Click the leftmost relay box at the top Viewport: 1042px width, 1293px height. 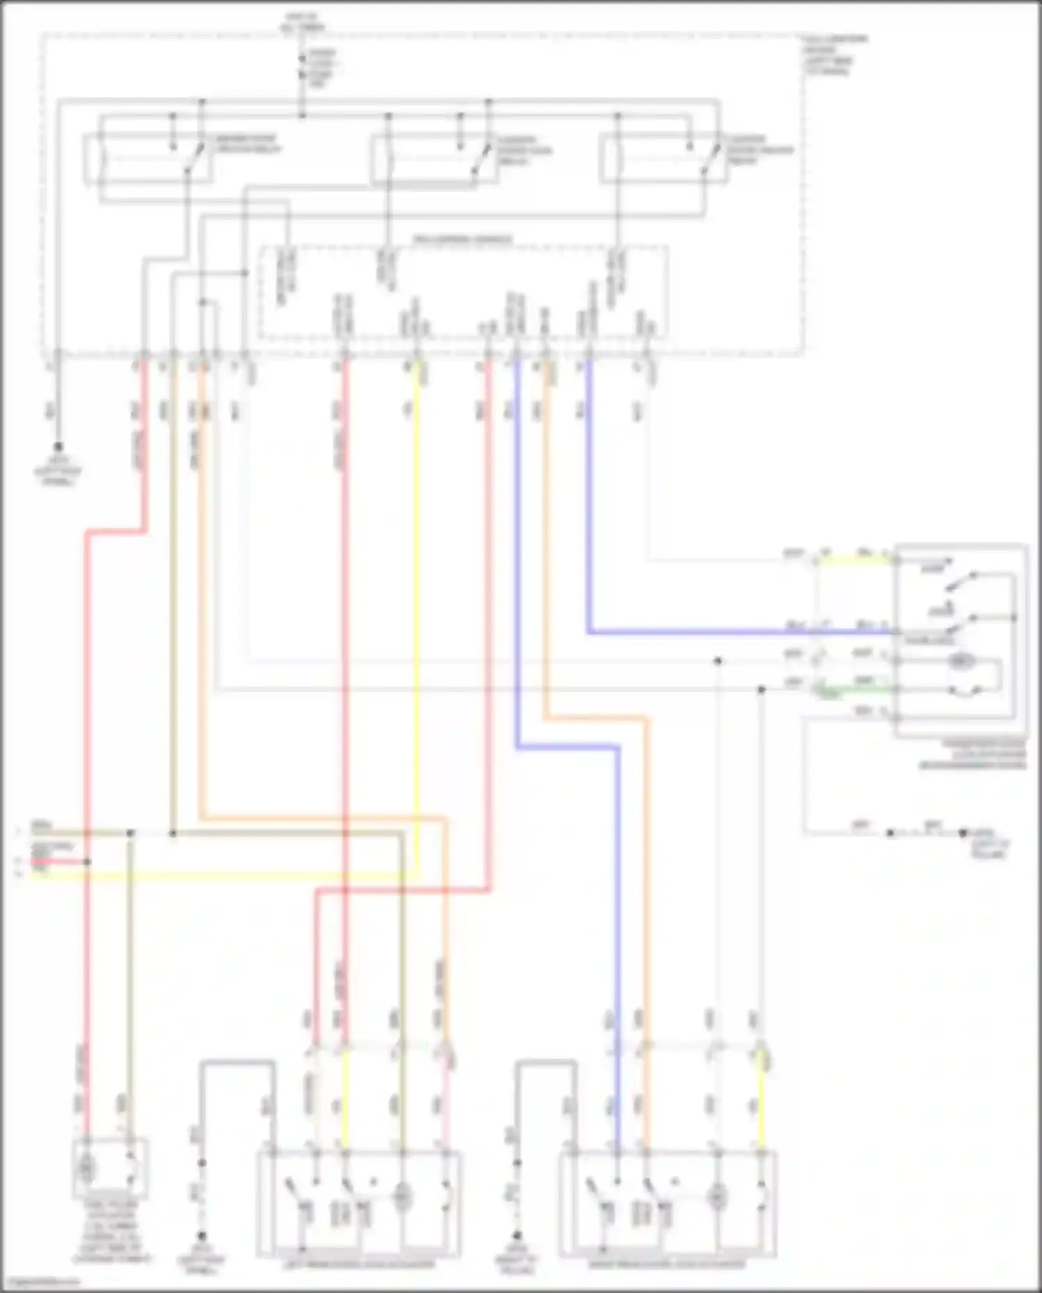tap(148, 160)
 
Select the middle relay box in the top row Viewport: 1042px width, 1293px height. tap(434, 160)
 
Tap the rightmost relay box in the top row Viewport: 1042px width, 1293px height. tap(663, 160)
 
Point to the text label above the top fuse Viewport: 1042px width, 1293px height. tap(302, 21)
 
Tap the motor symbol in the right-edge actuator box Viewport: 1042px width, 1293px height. tap(961, 662)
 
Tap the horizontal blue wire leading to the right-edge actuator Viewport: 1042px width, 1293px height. tap(736, 633)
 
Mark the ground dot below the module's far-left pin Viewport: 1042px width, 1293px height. tap(58, 447)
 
